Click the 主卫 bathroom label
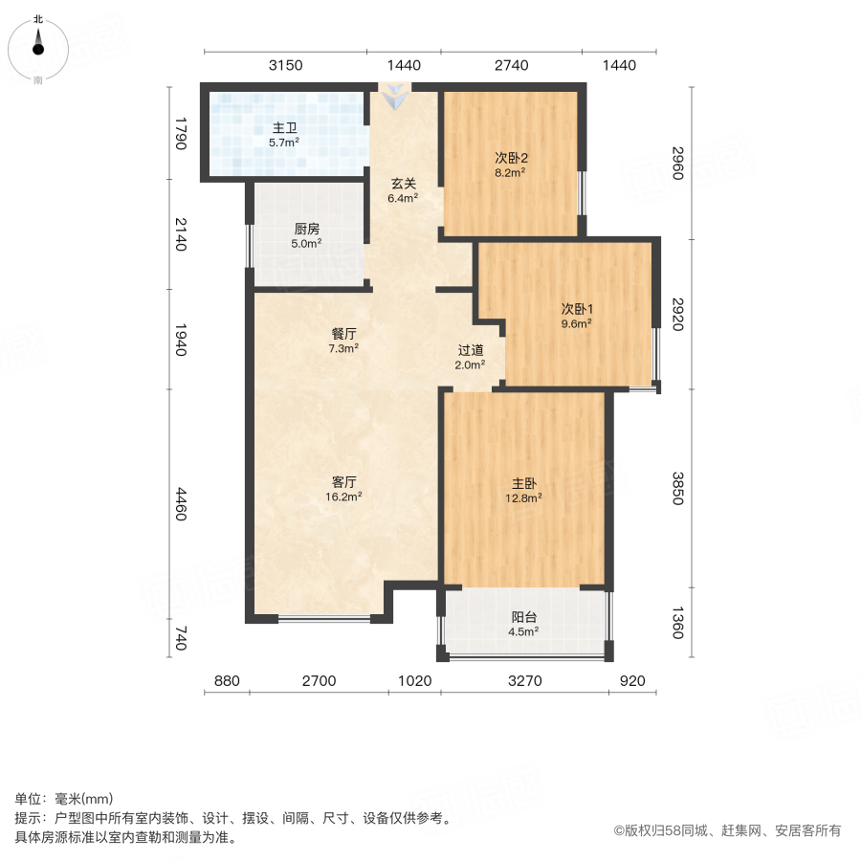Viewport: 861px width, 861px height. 285,128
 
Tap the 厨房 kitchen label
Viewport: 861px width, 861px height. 306,230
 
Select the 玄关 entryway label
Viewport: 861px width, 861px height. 402,185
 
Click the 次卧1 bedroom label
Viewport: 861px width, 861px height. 577,309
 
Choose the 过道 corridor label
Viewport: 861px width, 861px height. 470,350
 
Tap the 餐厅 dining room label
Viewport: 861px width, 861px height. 344,335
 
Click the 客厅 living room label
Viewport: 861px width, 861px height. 344,483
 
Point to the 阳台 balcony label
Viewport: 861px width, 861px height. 524,617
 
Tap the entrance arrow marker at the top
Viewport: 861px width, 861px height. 394,96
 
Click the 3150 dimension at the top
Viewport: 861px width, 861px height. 285,65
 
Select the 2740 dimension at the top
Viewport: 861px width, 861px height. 511,65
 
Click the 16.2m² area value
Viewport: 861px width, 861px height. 344,497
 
